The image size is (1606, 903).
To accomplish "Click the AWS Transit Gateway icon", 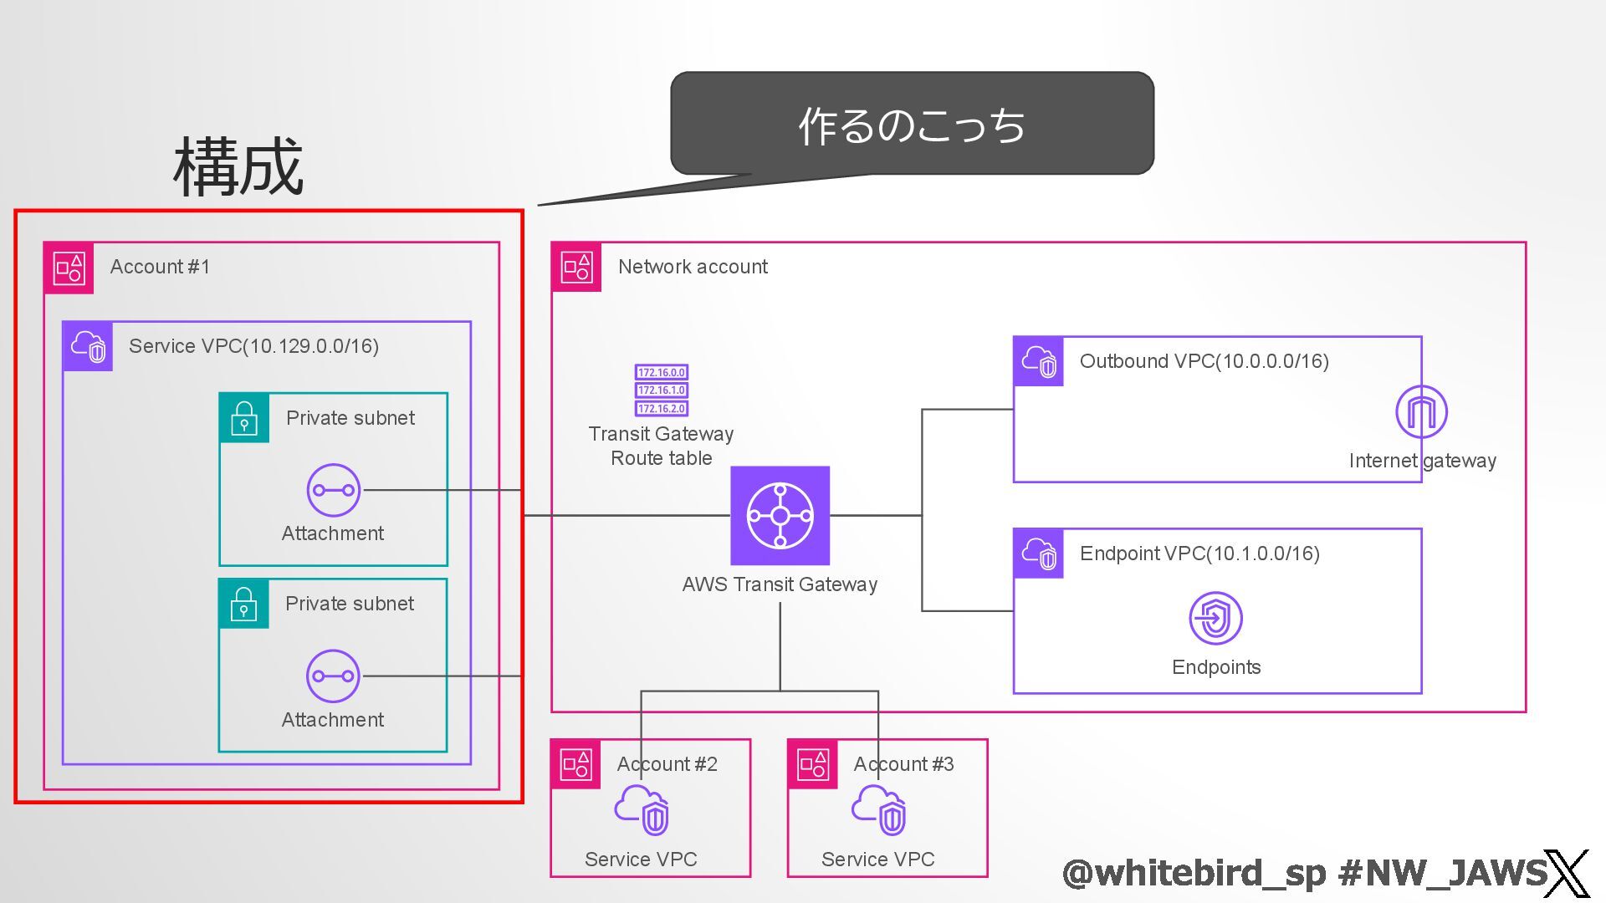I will [780, 515].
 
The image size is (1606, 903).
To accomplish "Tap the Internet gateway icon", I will [1421, 411].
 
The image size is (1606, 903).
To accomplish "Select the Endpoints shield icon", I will [1215, 618].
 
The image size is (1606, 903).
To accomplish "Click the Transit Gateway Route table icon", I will [661, 390].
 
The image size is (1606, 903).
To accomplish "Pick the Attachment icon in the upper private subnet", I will [333, 490].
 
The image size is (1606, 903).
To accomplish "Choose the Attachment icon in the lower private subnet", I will [333, 676].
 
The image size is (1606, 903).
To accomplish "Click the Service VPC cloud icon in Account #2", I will [642, 809].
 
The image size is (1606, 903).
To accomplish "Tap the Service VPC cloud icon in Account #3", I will [879, 809].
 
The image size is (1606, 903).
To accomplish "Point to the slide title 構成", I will [238, 167].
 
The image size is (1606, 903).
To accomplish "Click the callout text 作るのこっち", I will [912, 125].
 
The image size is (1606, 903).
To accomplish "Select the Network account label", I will [693, 267].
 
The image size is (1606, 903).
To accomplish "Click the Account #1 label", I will [160, 267].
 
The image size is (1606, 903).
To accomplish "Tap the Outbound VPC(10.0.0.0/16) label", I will [1204, 361].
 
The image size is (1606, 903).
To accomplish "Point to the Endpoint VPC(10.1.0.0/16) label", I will [1199, 554].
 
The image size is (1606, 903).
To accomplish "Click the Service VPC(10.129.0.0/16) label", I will [253, 346].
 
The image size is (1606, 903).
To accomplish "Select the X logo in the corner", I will [1567, 874].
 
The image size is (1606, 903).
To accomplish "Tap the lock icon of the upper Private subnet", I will [244, 417].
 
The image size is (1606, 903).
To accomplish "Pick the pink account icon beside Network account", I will [576, 267].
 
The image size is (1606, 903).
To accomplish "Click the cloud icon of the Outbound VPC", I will [1038, 361].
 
